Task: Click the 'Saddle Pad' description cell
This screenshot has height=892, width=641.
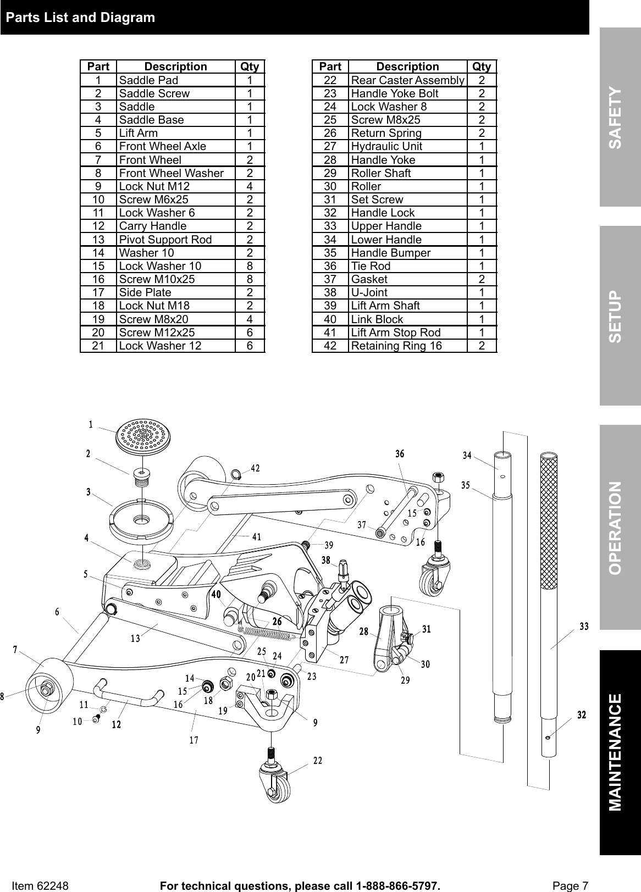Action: (x=149, y=80)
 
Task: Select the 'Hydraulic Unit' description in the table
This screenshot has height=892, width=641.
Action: (x=386, y=146)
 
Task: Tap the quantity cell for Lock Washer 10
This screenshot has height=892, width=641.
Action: (x=250, y=266)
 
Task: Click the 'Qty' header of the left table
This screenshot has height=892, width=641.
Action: (x=250, y=67)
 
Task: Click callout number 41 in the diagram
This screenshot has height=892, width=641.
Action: (x=256, y=536)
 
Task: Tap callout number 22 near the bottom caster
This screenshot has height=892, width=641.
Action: (x=318, y=761)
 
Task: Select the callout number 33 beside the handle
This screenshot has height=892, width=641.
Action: (x=584, y=626)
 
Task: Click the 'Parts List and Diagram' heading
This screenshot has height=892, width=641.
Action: (x=80, y=18)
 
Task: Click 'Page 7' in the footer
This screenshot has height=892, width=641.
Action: (x=570, y=885)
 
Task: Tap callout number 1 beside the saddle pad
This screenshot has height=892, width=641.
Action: (x=91, y=424)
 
